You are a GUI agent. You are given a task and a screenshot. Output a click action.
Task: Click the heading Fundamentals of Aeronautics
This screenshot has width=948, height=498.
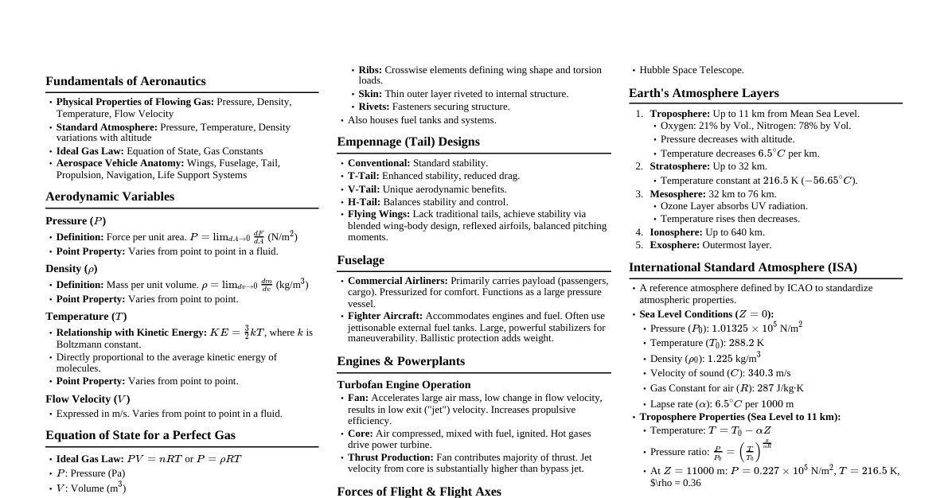point(125,81)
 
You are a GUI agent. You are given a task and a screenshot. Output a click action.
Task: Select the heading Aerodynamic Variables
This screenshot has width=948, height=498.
point(110,196)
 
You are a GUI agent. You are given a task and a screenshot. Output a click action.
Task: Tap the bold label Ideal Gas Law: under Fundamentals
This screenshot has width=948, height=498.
point(90,151)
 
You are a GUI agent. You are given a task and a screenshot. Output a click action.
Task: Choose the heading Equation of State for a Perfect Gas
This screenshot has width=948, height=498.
point(140,435)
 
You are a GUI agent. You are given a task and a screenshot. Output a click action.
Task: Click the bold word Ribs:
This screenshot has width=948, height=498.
point(370,70)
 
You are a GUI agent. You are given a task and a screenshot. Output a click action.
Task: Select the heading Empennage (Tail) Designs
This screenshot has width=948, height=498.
point(408,142)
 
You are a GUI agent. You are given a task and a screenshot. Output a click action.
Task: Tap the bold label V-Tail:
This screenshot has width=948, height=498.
point(364,189)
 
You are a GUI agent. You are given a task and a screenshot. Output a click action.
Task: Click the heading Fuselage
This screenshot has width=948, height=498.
point(361,260)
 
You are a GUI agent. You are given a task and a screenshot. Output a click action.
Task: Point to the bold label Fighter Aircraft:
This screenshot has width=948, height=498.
point(385,316)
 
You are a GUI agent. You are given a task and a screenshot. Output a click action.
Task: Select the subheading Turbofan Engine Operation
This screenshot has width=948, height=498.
point(404,385)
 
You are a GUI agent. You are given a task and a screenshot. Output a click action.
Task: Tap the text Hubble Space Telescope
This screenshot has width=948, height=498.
point(692,70)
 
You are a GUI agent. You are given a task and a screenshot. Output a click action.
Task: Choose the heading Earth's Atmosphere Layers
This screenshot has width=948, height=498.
point(704,93)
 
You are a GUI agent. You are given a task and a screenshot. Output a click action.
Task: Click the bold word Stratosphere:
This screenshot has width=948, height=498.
point(680,166)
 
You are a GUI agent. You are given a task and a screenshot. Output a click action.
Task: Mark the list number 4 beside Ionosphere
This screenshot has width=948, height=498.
point(638,232)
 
